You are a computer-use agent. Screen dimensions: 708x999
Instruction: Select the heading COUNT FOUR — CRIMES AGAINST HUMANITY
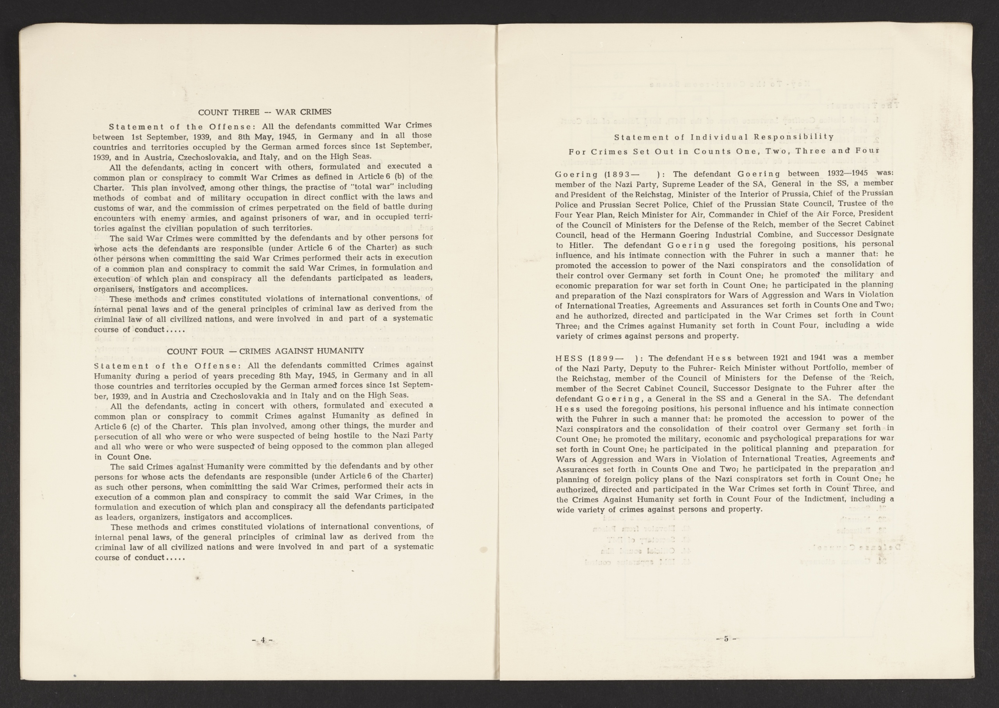(x=265, y=351)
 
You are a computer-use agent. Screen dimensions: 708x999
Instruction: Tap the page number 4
(x=263, y=640)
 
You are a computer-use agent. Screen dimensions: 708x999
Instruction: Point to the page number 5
(x=726, y=639)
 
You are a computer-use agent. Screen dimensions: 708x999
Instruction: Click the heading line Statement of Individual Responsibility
(x=724, y=137)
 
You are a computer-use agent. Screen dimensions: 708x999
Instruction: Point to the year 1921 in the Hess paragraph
(x=782, y=358)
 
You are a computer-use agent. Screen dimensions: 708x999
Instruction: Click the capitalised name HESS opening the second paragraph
(x=569, y=358)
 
